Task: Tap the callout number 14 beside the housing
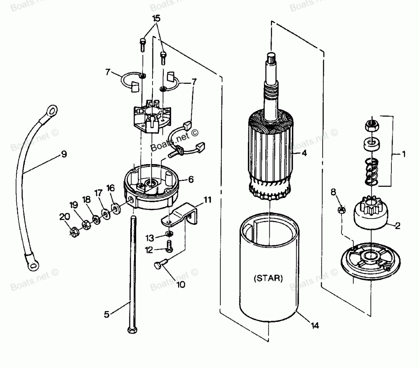click(x=314, y=325)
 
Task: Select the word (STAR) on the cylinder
click(x=268, y=278)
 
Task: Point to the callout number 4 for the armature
click(x=304, y=153)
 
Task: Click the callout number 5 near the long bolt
click(x=107, y=314)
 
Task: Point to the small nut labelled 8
click(x=341, y=209)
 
